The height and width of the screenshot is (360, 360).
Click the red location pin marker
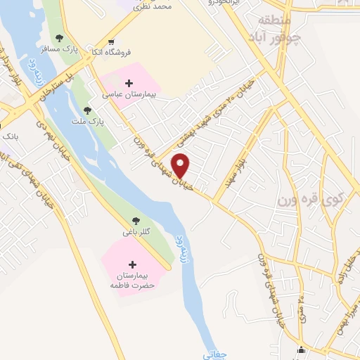(181, 165)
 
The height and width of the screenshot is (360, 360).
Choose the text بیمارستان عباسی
(124, 94)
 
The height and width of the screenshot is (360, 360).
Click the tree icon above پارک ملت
(87, 110)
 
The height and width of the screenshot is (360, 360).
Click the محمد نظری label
(155, 6)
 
